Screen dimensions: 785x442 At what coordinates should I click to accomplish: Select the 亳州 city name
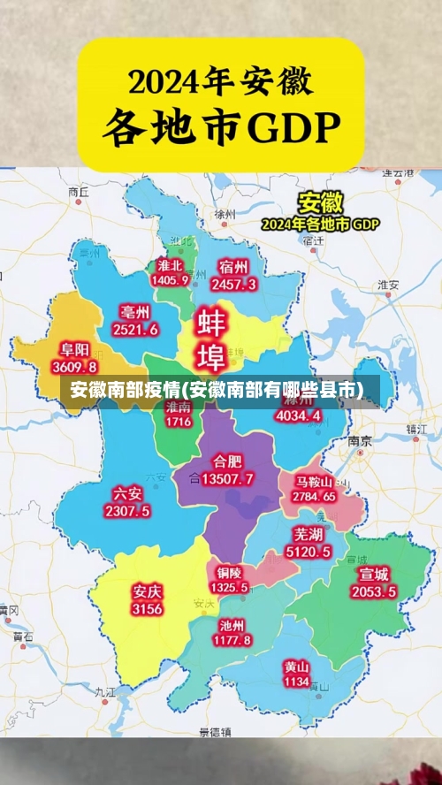coord(135,312)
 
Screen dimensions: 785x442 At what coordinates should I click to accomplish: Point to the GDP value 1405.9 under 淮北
coord(170,280)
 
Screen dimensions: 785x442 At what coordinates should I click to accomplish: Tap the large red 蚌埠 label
coord(210,339)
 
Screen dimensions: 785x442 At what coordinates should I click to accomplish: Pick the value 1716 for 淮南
coord(178,422)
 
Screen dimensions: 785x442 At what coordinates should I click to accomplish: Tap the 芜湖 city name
coord(309,535)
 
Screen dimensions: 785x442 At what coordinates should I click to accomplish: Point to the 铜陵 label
coord(230,572)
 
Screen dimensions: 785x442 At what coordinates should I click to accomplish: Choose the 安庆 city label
coord(147,591)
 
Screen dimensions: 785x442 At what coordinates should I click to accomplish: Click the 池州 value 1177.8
coord(234,639)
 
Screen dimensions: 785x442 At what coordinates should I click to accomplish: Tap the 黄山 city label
coord(296,667)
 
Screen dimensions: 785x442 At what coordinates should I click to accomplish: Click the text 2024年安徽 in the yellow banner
coord(220,82)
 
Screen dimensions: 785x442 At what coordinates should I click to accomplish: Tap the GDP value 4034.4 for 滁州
coord(299,415)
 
